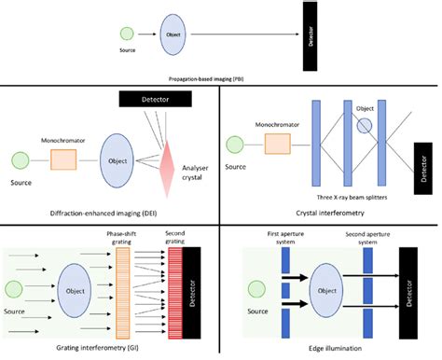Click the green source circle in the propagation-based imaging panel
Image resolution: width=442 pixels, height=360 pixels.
point(128,35)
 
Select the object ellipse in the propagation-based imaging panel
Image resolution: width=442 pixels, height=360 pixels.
point(173,35)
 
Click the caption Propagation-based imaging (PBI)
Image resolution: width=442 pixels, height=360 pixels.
point(219,81)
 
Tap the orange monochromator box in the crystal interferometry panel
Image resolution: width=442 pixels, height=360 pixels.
point(278,144)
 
